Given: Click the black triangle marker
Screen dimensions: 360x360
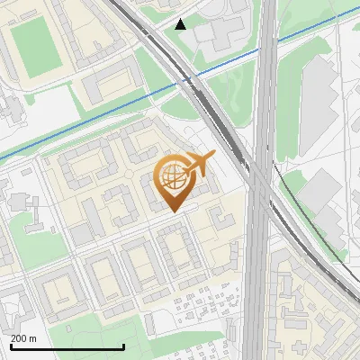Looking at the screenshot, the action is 181,24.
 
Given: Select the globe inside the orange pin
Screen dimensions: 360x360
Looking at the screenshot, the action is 174,176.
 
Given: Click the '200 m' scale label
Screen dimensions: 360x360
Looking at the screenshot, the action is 24,338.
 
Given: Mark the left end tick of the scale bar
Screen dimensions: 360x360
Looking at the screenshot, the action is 11,346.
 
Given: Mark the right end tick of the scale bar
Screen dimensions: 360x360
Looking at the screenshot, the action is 123,346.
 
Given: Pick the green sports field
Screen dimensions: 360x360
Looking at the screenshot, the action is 38,44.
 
